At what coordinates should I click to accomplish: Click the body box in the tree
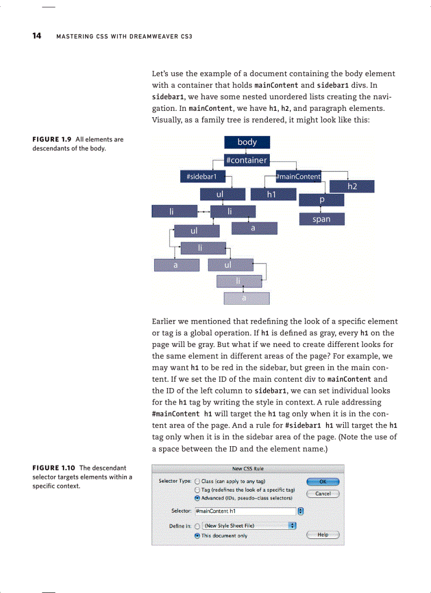point(247,142)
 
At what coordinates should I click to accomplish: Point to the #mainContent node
point(298,176)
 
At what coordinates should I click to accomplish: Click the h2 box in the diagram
point(352,186)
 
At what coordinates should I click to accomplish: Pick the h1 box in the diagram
point(273,195)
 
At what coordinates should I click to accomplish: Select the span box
point(321,219)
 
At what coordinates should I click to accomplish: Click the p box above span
point(321,201)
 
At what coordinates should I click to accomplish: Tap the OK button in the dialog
point(323,481)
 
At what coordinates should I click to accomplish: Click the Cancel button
point(323,494)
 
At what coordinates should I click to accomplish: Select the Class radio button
point(198,481)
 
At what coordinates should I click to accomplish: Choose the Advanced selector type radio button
point(198,498)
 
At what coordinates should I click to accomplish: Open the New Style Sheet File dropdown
point(248,526)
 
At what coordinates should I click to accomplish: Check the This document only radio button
point(198,535)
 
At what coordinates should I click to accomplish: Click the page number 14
point(36,36)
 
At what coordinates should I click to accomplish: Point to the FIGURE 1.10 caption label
point(54,468)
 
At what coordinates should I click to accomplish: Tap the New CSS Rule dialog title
point(248,468)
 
